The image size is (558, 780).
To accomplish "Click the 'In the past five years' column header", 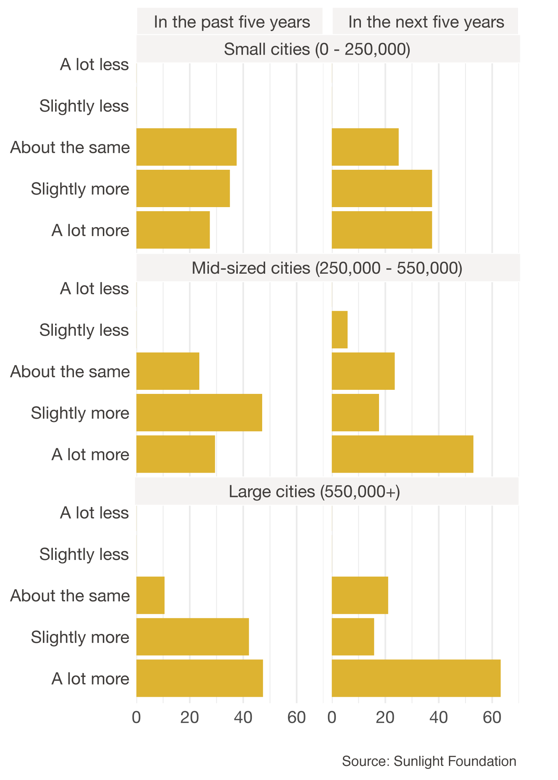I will point(231,22).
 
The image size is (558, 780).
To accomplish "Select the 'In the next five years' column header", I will point(426,22).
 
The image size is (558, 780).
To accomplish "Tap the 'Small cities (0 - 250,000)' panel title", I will point(317,49).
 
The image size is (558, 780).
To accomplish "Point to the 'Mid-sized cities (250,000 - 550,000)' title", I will point(327,268).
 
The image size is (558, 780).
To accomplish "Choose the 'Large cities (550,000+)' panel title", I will point(314,492).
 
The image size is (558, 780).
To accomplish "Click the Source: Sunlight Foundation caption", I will point(429,761).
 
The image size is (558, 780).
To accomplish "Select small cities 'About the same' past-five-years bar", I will point(186,147).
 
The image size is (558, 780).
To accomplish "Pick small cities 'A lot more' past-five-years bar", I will point(173,230).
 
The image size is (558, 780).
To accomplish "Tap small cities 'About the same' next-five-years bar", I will point(365,147).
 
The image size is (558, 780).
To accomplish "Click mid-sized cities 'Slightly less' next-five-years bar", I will point(339,330).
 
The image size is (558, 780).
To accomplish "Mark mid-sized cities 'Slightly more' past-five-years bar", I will point(199,413).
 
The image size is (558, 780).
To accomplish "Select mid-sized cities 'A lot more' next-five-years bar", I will point(402,454).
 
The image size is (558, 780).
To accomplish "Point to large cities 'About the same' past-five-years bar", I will point(151,595).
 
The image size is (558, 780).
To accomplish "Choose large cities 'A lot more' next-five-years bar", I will point(416,678).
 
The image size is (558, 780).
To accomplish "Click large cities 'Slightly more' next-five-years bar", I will point(353,637).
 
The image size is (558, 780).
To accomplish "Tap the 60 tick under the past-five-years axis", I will point(297,718).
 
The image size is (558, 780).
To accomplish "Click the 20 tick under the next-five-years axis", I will point(385,718).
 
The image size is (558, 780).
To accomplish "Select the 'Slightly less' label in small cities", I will point(84,106).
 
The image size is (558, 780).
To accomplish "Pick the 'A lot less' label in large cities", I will point(94,513).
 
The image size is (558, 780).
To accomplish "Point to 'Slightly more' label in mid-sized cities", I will point(80,413).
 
